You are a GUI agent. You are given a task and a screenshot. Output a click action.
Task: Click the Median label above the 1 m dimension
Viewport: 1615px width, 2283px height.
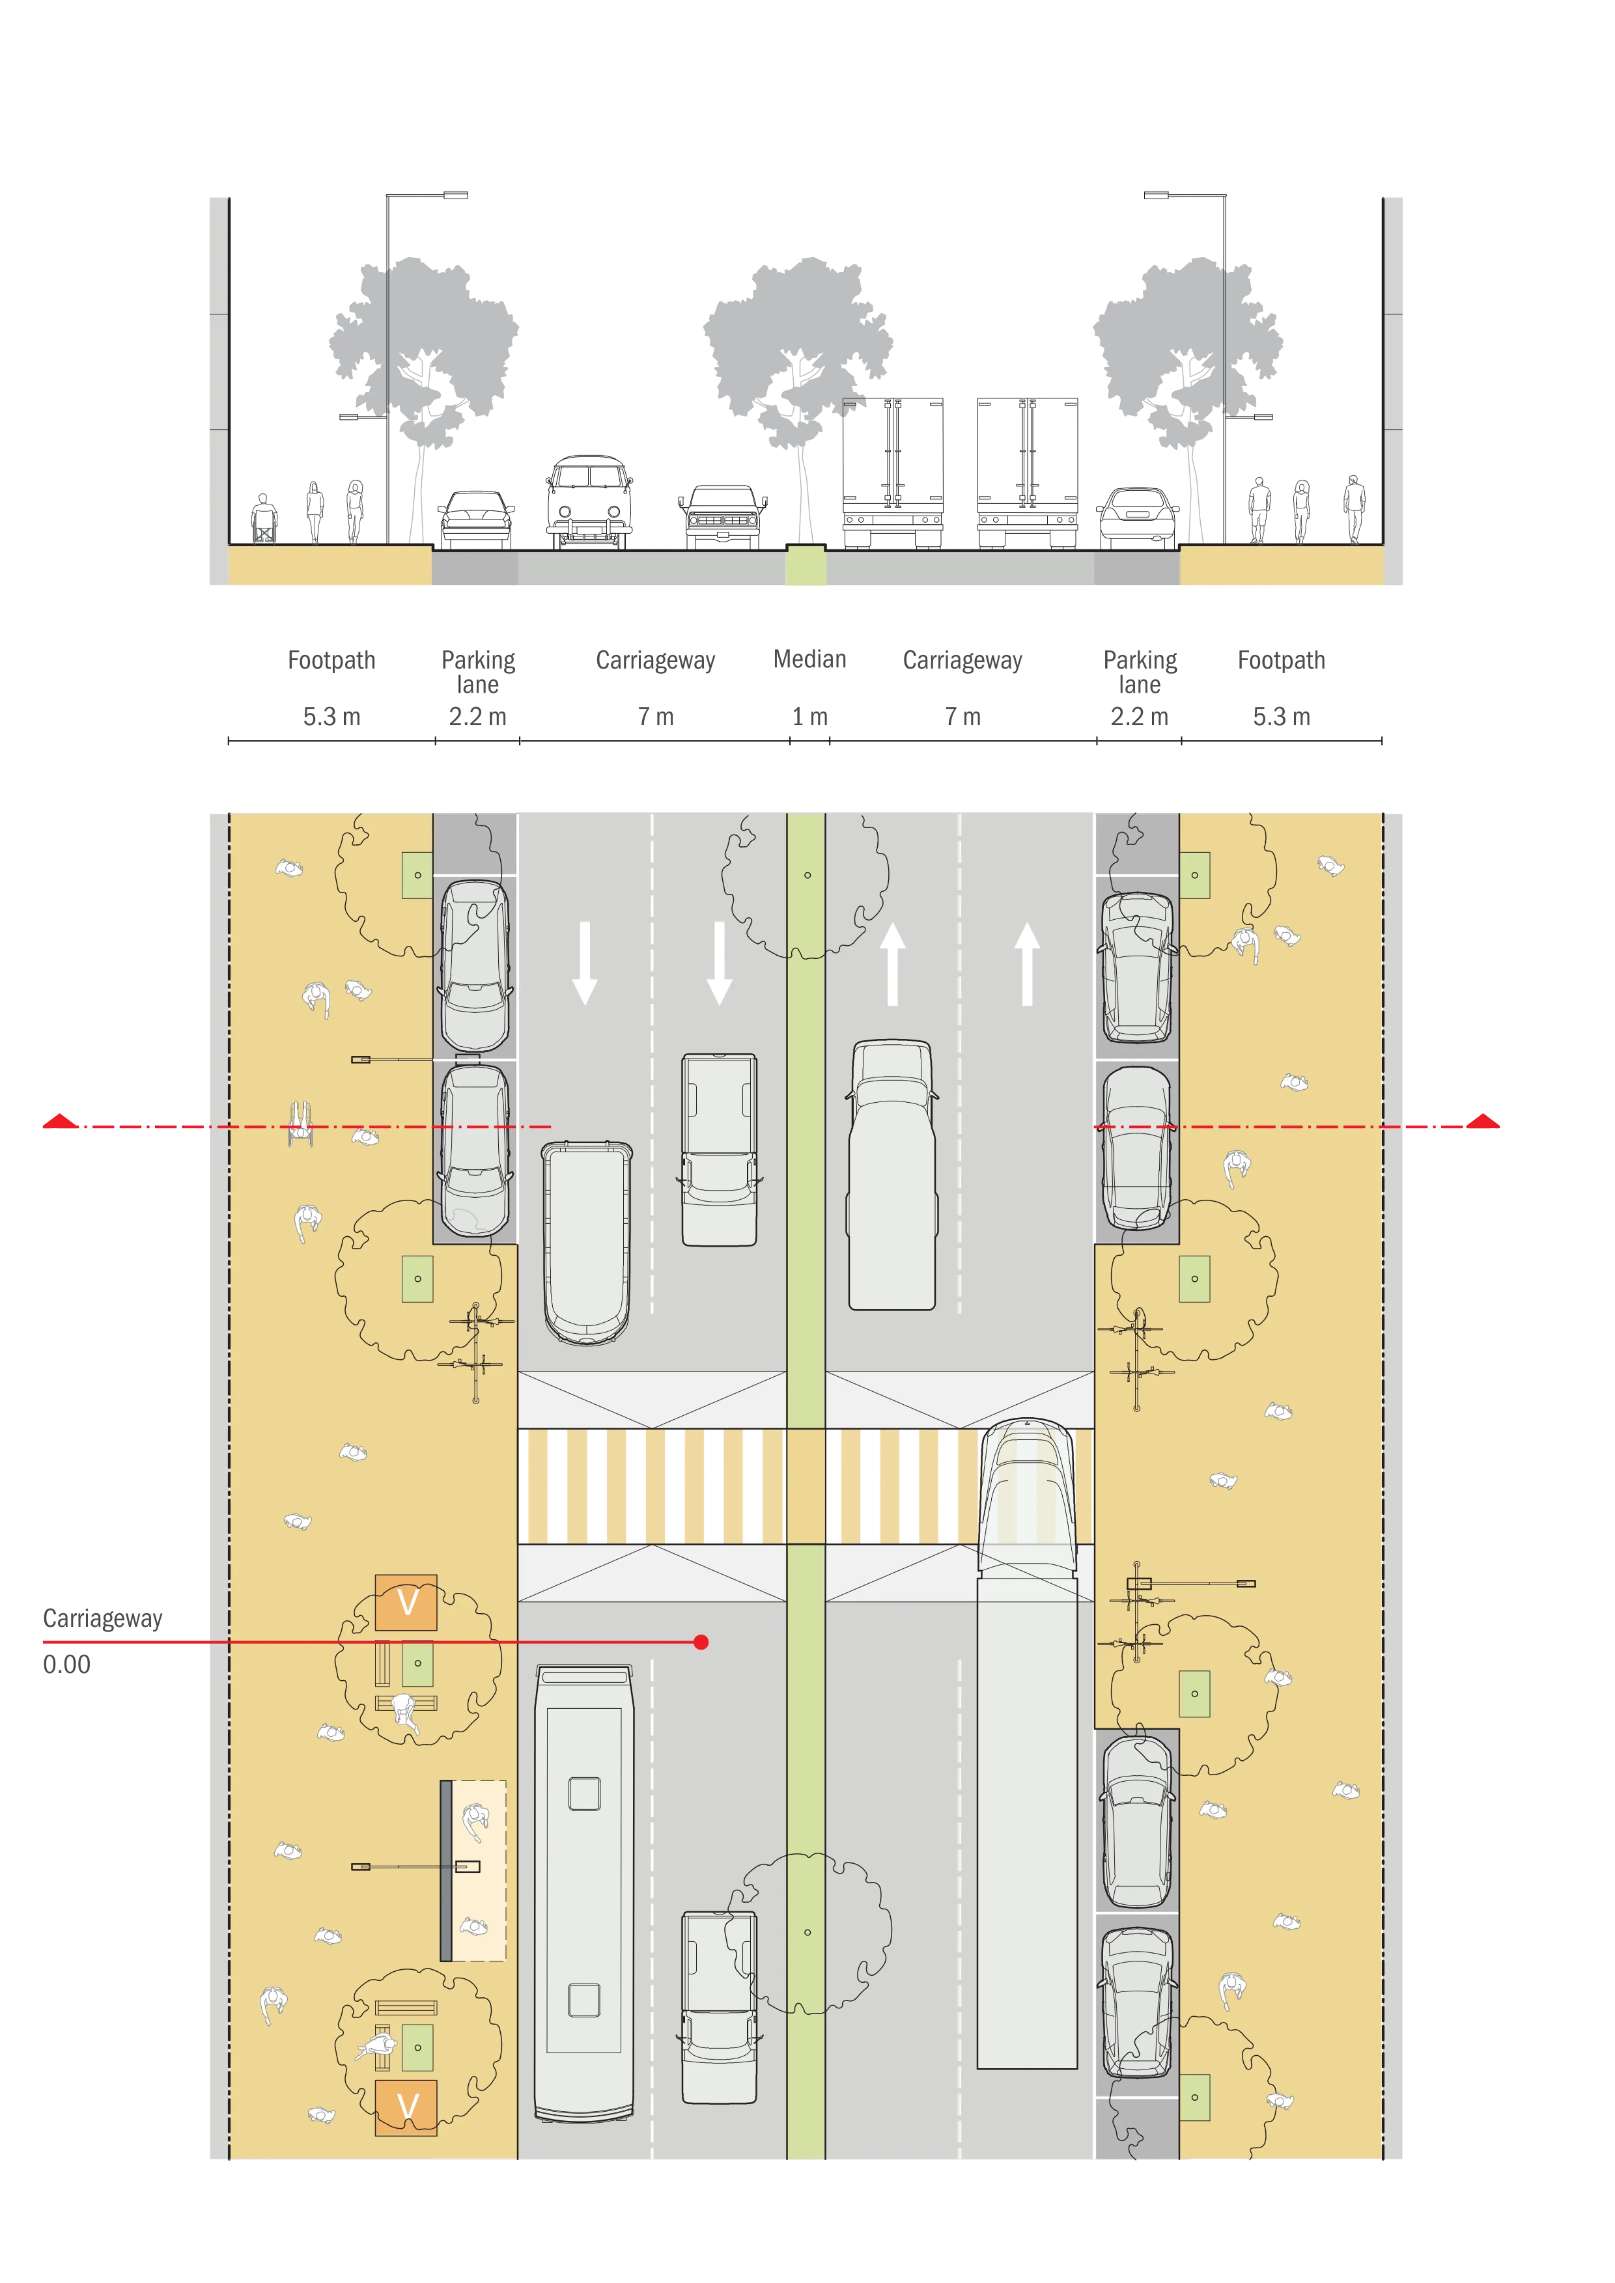(809, 659)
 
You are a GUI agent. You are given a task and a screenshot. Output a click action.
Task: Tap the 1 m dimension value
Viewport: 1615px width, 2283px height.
(809, 717)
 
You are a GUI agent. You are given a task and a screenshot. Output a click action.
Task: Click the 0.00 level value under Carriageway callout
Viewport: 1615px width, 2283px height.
(66, 1665)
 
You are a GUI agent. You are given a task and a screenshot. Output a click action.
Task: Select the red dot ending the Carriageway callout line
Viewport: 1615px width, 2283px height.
(701, 1642)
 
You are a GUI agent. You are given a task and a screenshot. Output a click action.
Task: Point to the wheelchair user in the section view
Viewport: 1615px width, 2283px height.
(264, 518)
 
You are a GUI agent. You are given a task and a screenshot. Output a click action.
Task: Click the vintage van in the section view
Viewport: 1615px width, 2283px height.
(590, 502)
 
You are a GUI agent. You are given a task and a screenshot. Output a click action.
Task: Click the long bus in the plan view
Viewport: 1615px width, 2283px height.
(583, 1894)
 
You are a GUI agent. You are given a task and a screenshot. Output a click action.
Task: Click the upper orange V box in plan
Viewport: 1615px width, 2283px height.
(406, 1603)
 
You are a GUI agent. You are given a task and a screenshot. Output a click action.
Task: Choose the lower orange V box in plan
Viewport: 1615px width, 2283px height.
(406, 2107)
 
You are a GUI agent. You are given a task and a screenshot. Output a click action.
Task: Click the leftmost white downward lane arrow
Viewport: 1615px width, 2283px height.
(585, 963)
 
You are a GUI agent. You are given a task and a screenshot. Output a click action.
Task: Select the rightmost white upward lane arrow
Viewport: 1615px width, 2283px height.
(1027, 963)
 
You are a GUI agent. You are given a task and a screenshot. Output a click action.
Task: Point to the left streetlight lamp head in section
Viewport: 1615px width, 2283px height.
(455, 195)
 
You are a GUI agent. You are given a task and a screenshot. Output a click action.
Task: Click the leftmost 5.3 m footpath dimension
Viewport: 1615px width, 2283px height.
(331, 717)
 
